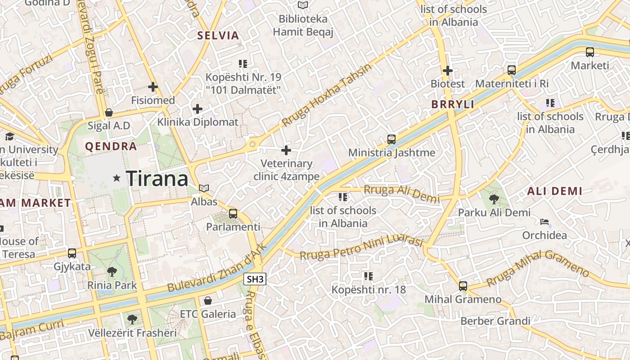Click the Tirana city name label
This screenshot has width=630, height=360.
pos(157,179)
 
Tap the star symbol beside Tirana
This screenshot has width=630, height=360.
pos(117,178)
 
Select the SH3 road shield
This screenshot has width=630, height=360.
pos(255,279)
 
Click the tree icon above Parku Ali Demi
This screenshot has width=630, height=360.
pos(494,199)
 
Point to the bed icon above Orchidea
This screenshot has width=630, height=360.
pos(544,222)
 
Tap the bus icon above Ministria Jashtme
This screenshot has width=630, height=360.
pos(391,139)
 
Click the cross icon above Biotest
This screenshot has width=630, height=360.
pos(447,71)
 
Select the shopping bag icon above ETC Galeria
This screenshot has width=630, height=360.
pos(207,301)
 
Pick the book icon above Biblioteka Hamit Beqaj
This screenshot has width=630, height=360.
pos(303,5)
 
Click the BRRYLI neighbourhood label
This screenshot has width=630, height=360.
pos(453,104)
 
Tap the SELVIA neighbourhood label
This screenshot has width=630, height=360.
pos(218,36)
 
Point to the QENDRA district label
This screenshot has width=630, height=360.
pos(111,146)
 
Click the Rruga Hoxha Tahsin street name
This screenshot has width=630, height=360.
pos(327,94)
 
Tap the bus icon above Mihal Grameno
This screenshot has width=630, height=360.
pos(463,286)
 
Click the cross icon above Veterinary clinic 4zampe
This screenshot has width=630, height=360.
pos(286,150)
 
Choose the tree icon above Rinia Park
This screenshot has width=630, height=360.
pos(112,271)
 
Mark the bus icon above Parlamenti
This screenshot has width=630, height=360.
pos(233,214)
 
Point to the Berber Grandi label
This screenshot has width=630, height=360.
pos(495,321)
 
